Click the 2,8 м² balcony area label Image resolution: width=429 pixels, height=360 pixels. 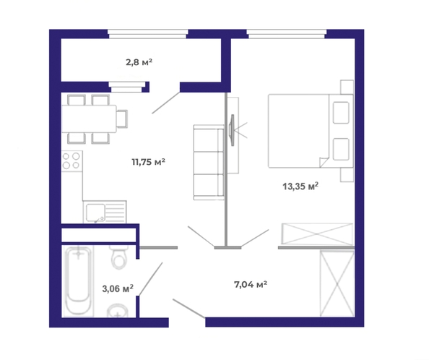coord(139,62)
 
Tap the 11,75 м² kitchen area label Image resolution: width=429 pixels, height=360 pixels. coord(148,162)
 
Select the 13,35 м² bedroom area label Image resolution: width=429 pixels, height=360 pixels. coord(300,187)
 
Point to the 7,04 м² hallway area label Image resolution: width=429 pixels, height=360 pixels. coord(251,284)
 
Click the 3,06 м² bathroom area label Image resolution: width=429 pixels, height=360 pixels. coord(118,288)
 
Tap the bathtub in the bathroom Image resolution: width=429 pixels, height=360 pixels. coord(78,280)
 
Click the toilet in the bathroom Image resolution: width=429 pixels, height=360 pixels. coord(119,257)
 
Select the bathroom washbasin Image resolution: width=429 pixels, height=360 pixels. coord(118,311)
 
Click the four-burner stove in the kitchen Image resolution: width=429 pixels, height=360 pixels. coord(72,161)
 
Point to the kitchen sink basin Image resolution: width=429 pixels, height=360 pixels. coord(95,213)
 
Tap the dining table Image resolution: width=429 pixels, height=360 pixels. coord(89,119)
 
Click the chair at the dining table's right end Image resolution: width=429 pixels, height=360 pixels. coord(122,119)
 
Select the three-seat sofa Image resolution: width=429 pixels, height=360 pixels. coord(209,163)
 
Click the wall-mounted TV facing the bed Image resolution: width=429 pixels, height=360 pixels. coord(232,130)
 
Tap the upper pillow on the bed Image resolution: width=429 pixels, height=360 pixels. coord(341,113)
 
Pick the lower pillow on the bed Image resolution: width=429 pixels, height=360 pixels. coord(341,149)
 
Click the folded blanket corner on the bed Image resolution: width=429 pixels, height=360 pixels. coord(324,163)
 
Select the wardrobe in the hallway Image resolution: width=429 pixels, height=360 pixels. coord(337,283)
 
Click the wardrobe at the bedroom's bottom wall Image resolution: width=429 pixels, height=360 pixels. coord(317,233)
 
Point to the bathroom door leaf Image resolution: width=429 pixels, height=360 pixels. coord(151,279)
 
